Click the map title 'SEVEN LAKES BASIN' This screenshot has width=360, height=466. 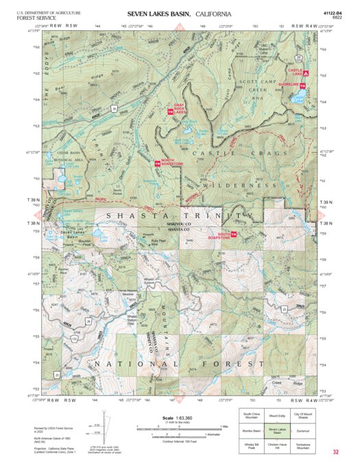159,14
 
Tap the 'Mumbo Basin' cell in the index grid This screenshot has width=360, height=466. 252,430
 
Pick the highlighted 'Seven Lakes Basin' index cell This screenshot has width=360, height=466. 278,430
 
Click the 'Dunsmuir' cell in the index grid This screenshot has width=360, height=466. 303,430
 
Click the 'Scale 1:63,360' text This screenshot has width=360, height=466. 177,418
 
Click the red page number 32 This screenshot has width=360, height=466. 335,452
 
